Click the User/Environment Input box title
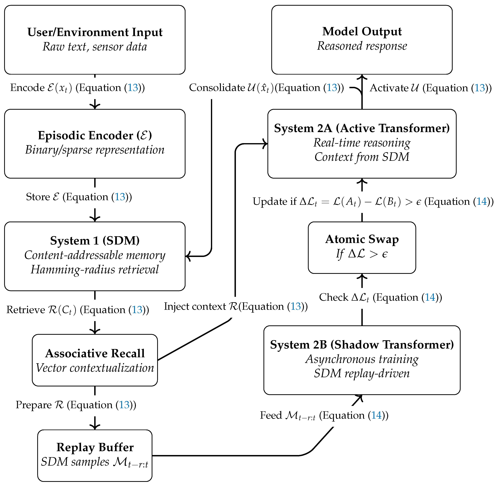[x=95, y=32]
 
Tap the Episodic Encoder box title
[x=95, y=135]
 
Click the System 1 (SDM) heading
[x=95, y=240]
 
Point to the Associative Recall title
[x=95, y=353]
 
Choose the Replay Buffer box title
[x=95, y=447]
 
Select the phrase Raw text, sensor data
[x=95, y=47]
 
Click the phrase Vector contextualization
[x=95, y=368]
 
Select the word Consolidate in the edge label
[x=217, y=88]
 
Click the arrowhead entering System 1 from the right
[x=188, y=256]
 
